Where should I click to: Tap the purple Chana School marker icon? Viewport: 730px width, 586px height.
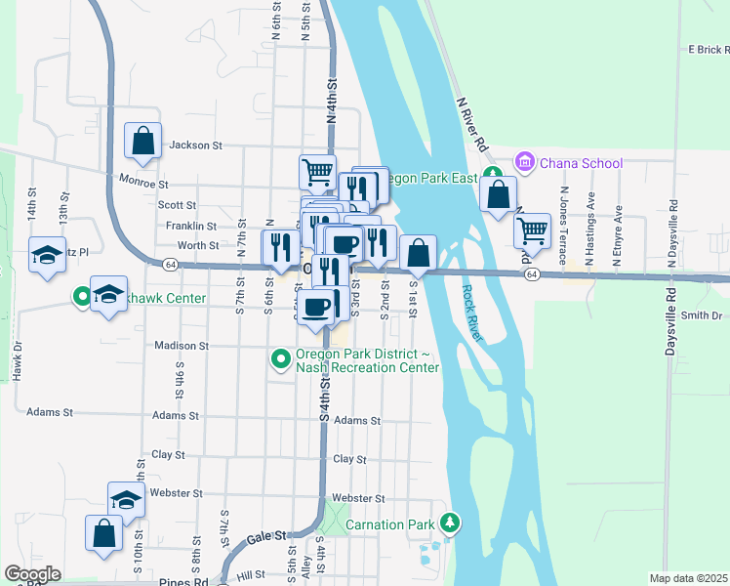click(x=525, y=161)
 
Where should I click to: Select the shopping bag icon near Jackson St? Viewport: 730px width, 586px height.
click(x=142, y=141)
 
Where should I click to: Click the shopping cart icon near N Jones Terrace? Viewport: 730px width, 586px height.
click(x=532, y=230)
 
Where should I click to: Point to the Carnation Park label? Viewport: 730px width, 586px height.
click(x=391, y=524)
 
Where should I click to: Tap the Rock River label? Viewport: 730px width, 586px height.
click(x=472, y=313)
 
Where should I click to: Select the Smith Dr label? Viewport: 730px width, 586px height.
click(x=701, y=315)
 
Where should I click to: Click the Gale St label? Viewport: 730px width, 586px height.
click(x=265, y=536)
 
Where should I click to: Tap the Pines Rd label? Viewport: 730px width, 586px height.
click(x=182, y=582)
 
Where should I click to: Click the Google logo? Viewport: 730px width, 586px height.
click(x=32, y=573)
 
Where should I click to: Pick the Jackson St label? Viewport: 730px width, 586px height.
click(x=196, y=146)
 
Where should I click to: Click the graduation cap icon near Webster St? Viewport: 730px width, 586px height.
click(x=126, y=500)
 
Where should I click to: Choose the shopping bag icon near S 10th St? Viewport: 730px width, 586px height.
click(x=103, y=533)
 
